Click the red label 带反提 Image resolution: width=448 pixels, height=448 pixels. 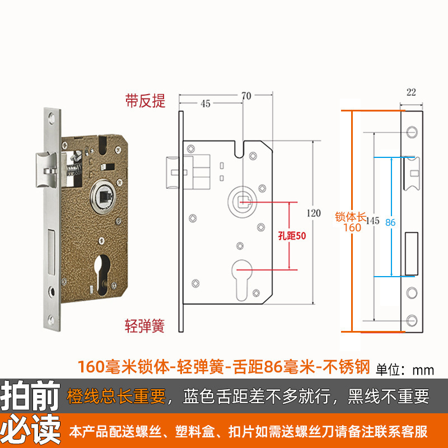(144, 101)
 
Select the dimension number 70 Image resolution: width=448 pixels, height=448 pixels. (245, 96)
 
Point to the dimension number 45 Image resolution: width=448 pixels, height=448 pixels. (205, 104)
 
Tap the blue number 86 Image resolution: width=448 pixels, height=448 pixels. (390, 222)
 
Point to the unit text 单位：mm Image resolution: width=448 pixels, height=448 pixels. (405, 369)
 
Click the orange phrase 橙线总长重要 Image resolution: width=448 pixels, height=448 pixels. (116, 397)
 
